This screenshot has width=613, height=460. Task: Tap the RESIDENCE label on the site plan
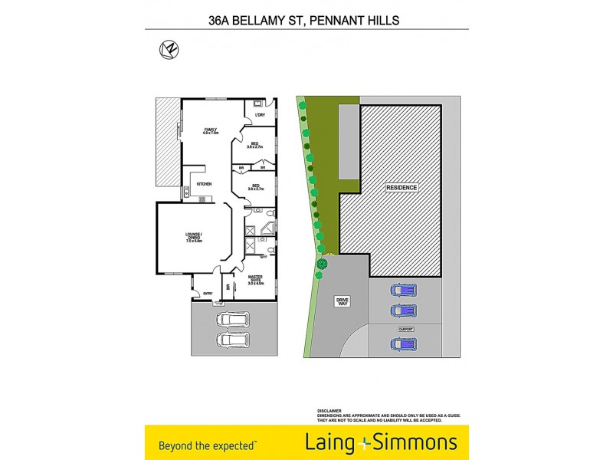[402, 187]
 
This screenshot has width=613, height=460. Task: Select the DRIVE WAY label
[342, 301]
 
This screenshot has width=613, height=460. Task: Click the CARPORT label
[405, 329]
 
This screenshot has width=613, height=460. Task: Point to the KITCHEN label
[204, 184]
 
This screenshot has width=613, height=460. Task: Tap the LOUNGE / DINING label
[192, 236]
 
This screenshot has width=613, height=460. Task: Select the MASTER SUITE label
[256, 280]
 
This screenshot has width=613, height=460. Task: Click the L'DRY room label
[260, 116]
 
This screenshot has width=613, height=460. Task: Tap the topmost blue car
[403, 291]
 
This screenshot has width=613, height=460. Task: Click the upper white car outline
[233, 319]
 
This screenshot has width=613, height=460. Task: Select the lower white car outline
[233, 339]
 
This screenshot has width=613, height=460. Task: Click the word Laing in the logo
[331, 442]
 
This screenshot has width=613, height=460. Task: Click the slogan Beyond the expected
[208, 444]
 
